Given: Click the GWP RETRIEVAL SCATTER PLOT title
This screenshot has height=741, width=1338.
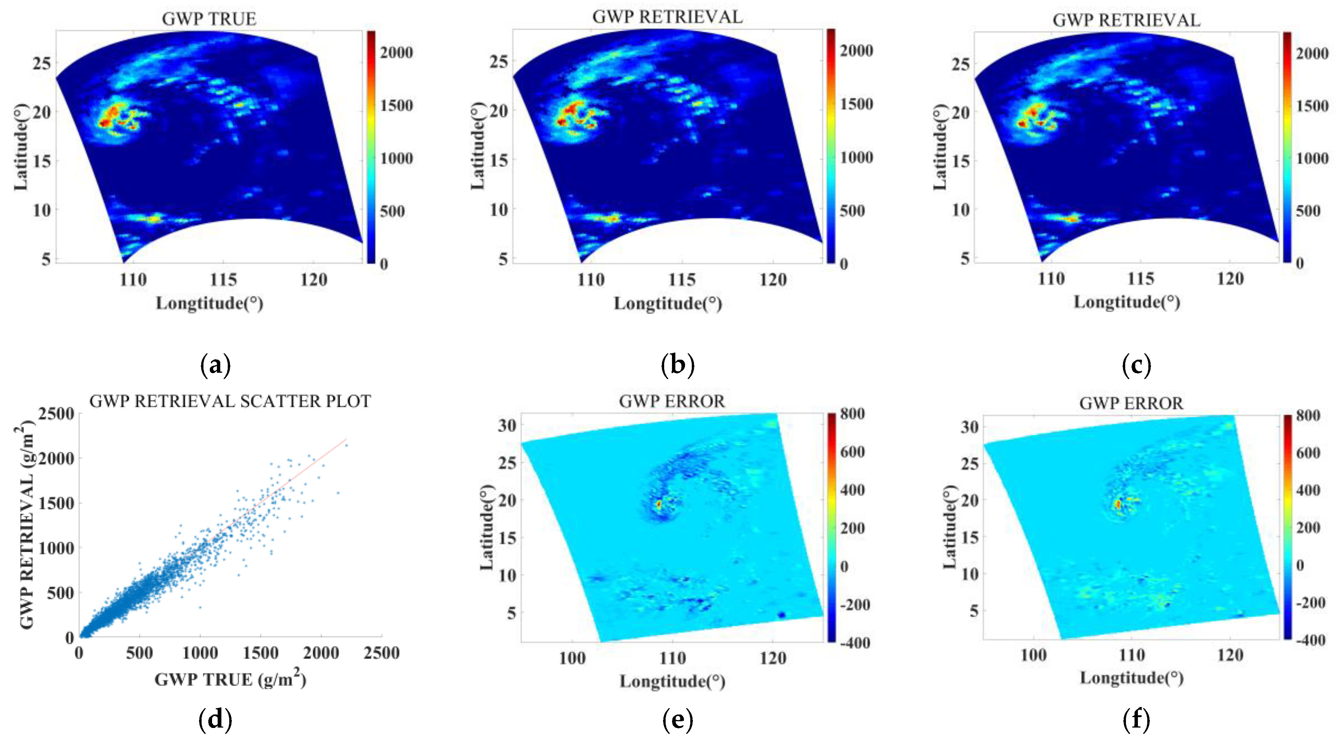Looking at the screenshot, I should (x=230, y=401).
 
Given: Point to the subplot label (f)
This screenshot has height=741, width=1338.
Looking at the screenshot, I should (x=1136, y=720).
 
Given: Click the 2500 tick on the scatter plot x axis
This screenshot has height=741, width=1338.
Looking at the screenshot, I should (x=381, y=653).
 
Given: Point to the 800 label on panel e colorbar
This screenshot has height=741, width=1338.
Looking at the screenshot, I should (x=852, y=414).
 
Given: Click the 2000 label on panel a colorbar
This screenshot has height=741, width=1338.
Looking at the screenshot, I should (x=396, y=53).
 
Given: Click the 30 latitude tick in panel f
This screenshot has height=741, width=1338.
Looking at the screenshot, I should (x=969, y=427).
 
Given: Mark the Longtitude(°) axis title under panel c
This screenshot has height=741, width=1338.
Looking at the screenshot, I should (x=1127, y=302).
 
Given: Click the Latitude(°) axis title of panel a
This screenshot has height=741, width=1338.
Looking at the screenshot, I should (x=21, y=147).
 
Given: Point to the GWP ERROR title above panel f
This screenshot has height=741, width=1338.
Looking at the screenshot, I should (x=1131, y=403).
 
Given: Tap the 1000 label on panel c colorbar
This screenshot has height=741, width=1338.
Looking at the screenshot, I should (x=1312, y=158).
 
